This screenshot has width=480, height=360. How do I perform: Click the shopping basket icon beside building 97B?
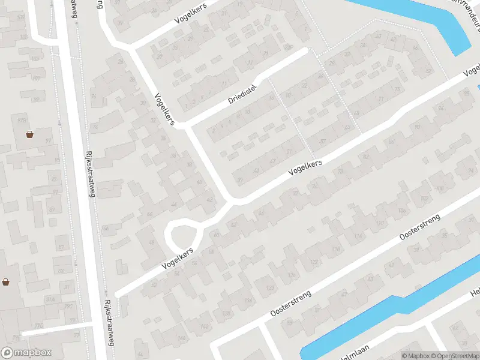[30, 134]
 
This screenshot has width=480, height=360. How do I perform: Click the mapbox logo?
[26, 353]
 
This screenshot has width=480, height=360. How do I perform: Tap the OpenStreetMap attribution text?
[452, 356]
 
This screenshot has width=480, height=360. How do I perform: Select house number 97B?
[22, 121]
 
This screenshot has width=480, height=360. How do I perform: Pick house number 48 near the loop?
[151, 242]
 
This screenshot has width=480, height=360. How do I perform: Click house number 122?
[314, 262]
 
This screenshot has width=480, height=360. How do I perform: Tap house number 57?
[323, 141]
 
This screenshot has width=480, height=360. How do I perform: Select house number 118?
[336, 249]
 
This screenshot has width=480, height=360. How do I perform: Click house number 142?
[205, 326]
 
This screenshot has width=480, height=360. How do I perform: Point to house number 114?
[358, 236]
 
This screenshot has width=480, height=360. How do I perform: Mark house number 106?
[401, 211]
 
